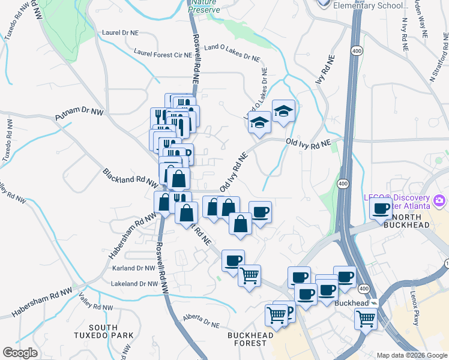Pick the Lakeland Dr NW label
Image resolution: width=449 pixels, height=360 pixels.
coord(134,283)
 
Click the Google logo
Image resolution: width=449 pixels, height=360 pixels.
coord(20,352)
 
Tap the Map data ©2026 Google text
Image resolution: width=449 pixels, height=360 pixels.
coord(411,355)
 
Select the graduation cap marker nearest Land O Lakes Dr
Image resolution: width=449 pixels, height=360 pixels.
coord(259,122)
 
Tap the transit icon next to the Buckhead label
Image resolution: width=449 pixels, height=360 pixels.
coord(373,303)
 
